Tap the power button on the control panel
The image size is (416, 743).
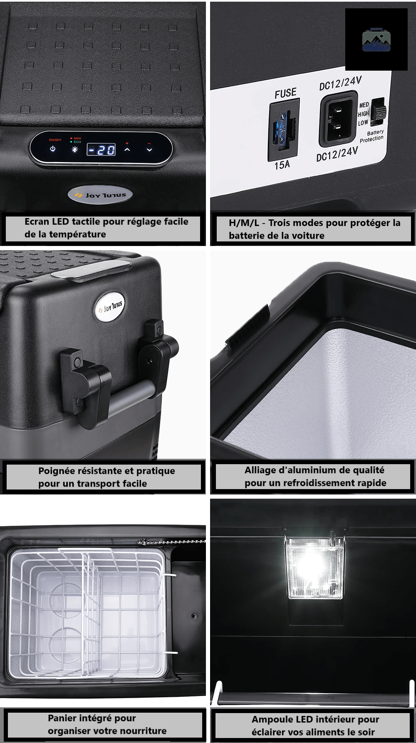click(53, 149)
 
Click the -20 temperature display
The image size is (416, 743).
click(101, 150)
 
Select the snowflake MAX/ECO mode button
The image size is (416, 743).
click(75, 149)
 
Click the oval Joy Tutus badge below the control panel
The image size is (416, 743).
click(100, 195)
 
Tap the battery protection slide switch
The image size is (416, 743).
click(378, 111)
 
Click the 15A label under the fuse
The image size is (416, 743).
click(282, 165)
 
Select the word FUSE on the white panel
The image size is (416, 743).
click(285, 93)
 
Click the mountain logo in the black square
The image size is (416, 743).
click(376, 40)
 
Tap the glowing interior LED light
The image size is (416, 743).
click(314, 568)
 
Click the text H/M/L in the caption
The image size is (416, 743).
click(244, 223)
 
